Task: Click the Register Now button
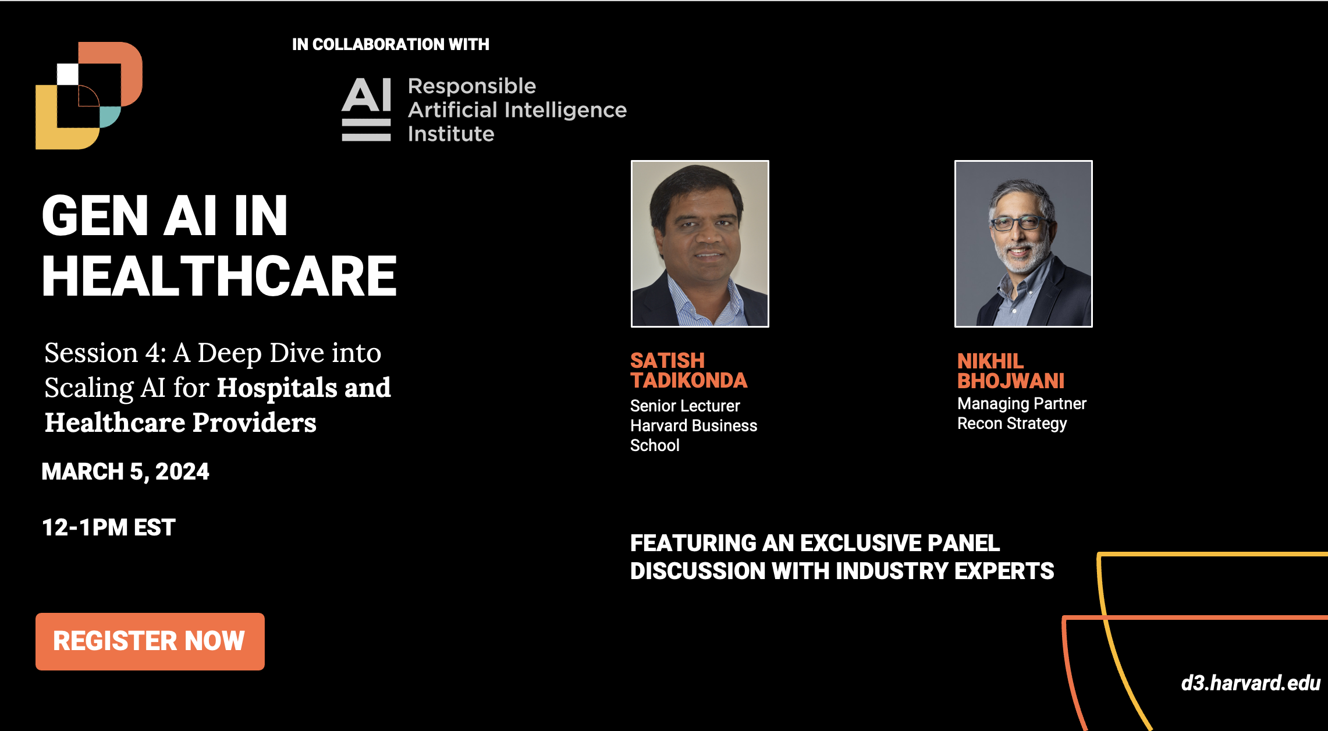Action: pyautogui.click(x=150, y=641)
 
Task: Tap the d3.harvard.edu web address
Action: pyautogui.click(x=1251, y=683)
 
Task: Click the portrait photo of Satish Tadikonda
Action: pyautogui.click(x=700, y=244)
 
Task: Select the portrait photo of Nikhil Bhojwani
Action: pyautogui.click(x=1024, y=244)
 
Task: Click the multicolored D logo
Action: pyautogui.click(x=89, y=95)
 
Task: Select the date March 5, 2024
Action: pyautogui.click(x=125, y=471)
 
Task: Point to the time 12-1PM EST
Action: pyautogui.click(x=109, y=527)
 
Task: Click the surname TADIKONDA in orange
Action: pyautogui.click(x=689, y=381)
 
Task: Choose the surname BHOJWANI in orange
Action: pyautogui.click(x=1011, y=381)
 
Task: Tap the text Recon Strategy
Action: pyautogui.click(x=1012, y=424)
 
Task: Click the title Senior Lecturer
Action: pyautogui.click(x=685, y=406)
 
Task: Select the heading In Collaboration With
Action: pyautogui.click(x=390, y=44)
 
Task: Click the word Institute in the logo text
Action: pyautogui.click(x=451, y=134)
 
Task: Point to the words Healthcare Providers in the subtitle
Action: pyautogui.click(x=180, y=423)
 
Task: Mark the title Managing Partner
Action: pyautogui.click(x=1022, y=404)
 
